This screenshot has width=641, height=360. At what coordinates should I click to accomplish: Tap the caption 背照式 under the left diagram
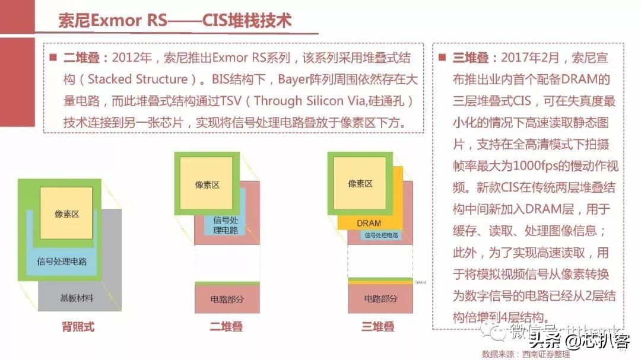pyautogui.click(x=78, y=327)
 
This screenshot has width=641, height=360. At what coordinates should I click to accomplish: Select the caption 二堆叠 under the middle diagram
pyautogui.click(x=226, y=327)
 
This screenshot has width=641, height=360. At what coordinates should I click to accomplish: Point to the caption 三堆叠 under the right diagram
pyautogui.click(x=379, y=327)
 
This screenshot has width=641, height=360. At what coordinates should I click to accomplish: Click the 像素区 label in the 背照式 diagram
pyautogui.click(x=66, y=214)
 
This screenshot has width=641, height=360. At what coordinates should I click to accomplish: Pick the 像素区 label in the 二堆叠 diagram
pyautogui.click(x=207, y=184)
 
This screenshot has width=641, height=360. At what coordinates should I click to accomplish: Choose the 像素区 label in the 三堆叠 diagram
pyautogui.click(x=360, y=183)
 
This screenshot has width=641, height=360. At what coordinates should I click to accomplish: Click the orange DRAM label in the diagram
pyautogui.click(x=369, y=223)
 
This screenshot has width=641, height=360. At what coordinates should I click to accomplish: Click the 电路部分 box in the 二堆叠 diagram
pyautogui.click(x=227, y=299)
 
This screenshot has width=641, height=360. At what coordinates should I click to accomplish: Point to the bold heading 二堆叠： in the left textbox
pyautogui.click(x=86, y=58)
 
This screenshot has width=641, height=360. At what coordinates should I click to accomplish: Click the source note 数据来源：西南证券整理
pyautogui.click(x=526, y=354)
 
